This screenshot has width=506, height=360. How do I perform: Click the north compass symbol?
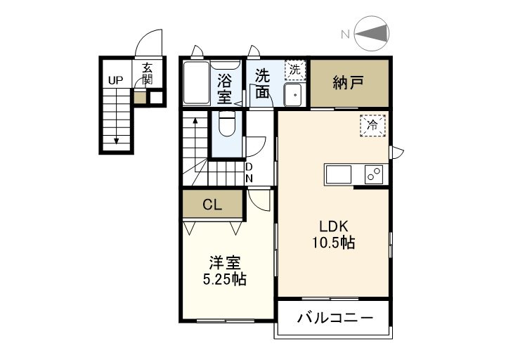[x=372, y=34]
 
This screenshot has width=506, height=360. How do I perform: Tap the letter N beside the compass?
[x=346, y=34]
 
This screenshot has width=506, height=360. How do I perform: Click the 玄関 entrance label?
[x=147, y=74]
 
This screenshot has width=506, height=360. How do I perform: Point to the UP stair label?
[x=115, y=80]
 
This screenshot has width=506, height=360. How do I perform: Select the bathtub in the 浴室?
[x=197, y=82]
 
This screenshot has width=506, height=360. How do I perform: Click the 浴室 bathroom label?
[x=224, y=89]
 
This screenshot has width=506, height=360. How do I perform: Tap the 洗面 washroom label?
[x=262, y=84]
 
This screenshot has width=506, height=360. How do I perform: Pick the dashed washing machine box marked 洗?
[x=295, y=70]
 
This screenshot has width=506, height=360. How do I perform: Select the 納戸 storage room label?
[x=349, y=83]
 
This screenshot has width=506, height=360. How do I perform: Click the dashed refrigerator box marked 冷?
[x=372, y=125]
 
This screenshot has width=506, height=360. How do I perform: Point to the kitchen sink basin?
[x=339, y=174]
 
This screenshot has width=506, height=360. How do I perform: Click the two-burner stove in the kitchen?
[x=374, y=174]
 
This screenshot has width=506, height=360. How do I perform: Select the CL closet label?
[x=212, y=205]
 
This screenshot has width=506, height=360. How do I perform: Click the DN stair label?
[x=249, y=173]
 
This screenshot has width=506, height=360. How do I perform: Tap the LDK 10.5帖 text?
[x=334, y=234]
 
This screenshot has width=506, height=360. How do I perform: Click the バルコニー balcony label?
[x=335, y=319]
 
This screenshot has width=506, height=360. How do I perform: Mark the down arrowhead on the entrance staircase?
[x=117, y=141]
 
